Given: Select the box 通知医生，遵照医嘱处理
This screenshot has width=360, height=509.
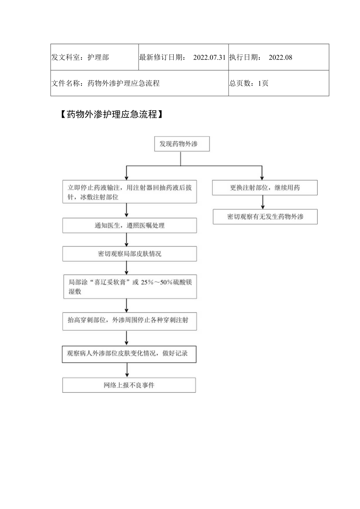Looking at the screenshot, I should tap(130, 226).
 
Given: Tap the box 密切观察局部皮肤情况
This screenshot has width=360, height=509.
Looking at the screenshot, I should tap(130, 254).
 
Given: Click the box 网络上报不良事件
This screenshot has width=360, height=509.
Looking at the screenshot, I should tap(129, 385).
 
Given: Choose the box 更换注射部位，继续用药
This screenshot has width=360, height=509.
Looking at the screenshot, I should tap(265, 188).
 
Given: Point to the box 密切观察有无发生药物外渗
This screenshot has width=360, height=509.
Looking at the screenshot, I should tap(265, 216).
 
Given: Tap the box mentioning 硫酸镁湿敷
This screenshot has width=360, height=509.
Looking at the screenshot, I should tap(130, 286).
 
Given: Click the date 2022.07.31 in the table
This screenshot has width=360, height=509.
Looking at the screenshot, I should tap(209, 58).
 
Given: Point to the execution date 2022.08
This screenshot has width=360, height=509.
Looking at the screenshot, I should tap(281, 58).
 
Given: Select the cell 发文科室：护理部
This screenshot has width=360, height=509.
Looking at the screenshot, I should tap(80, 58).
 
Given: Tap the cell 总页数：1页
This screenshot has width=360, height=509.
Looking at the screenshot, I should tap(249, 83).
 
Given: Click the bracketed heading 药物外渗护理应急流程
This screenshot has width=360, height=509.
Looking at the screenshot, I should tap(112, 115).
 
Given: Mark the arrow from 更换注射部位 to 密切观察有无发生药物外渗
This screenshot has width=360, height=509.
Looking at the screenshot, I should tap(262, 202).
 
